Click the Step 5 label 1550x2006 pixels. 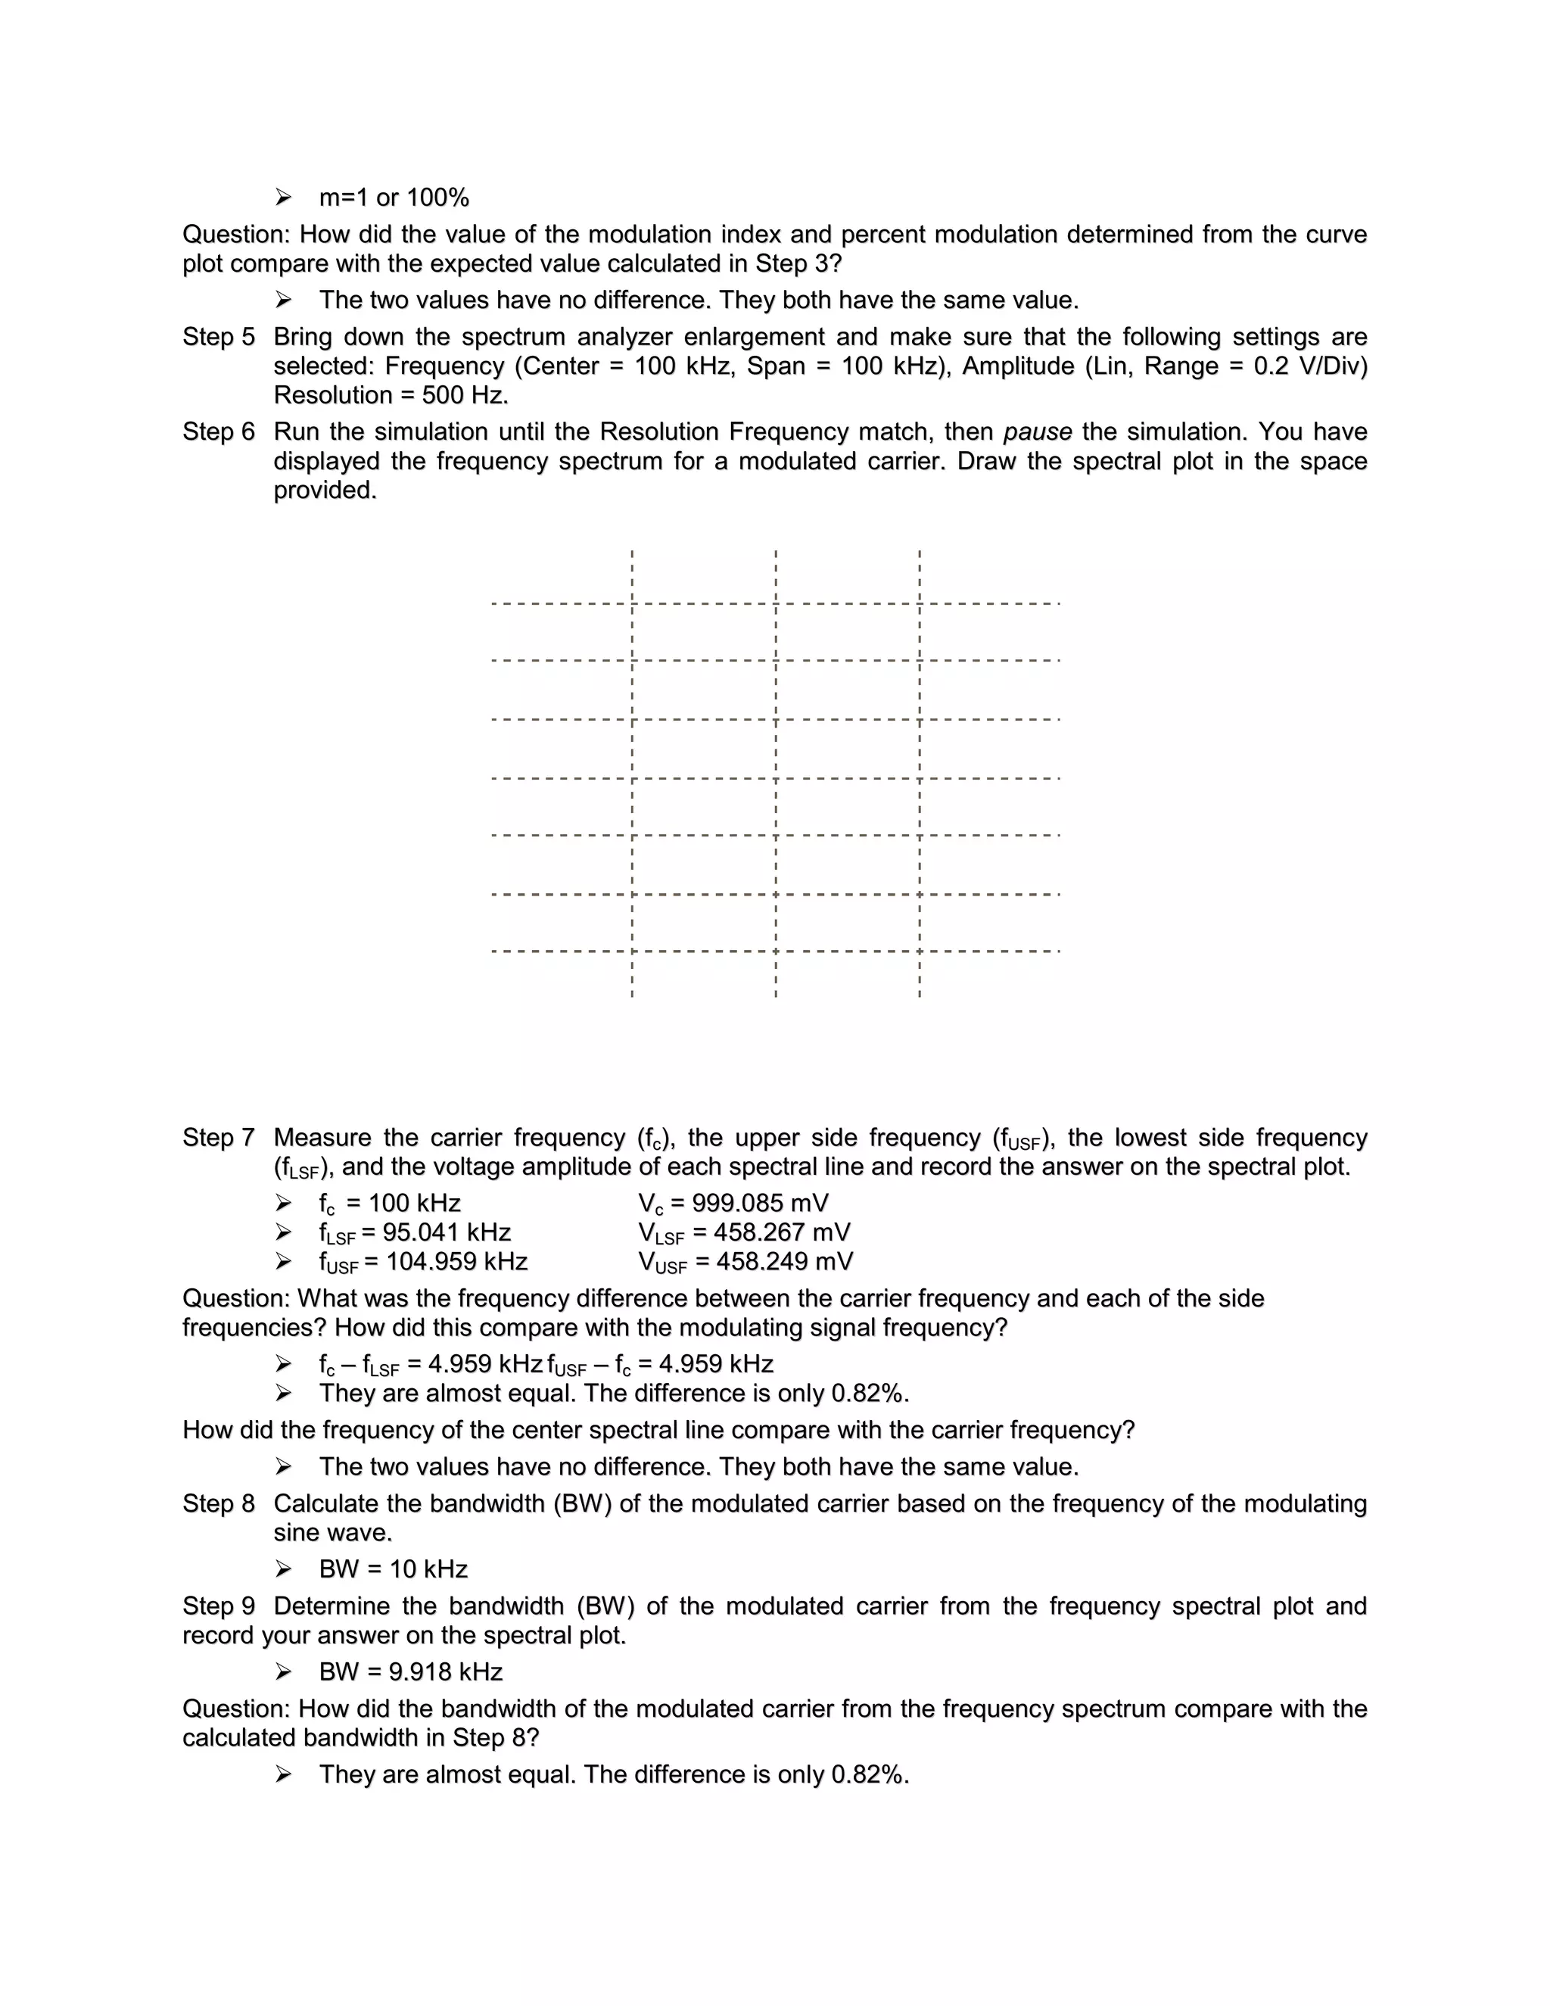[218, 337]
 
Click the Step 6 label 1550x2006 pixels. [218, 431]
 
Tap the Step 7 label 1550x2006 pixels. [218, 1138]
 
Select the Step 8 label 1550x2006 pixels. [218, 1503]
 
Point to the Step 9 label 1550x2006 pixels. [218, 1606]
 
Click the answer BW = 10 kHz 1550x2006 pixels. [393, 1568]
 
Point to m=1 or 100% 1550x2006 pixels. [394, 198]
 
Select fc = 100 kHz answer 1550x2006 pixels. [389, 1204]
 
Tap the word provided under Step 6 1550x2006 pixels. [325, 491]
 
